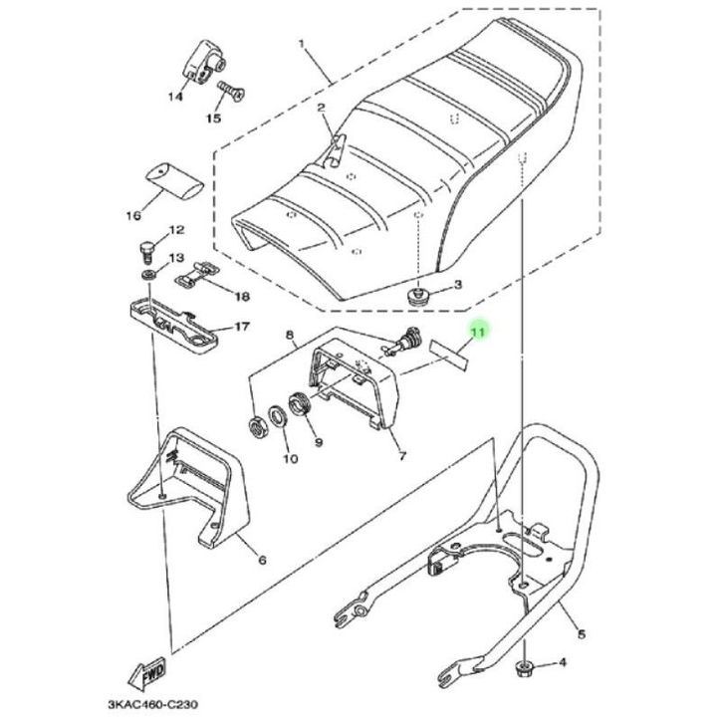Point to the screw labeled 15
(x=230, y=93)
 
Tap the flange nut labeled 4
(x=525, y=665)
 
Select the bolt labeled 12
(x=147, y=245)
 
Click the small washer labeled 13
(x=147, y=272)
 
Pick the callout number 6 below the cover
(x=262, y=560)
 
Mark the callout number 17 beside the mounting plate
(x=240, y=326)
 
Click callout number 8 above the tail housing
(x=291, y=338)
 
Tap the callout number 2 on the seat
(x=322, y=108)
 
